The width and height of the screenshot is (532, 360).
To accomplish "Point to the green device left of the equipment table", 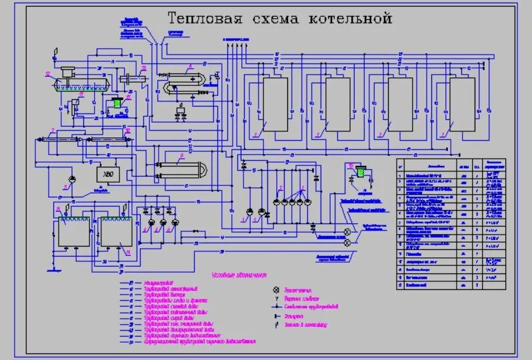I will pyautogui.click(x=361, y=173).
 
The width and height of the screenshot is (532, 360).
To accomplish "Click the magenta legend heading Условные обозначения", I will pyautogui.click(x=239, y=274).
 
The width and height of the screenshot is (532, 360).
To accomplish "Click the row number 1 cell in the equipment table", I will pyautogui.click(x=401, y=175).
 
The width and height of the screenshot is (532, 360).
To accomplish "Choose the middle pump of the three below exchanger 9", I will pyautogui.click(x=162, y=223).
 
